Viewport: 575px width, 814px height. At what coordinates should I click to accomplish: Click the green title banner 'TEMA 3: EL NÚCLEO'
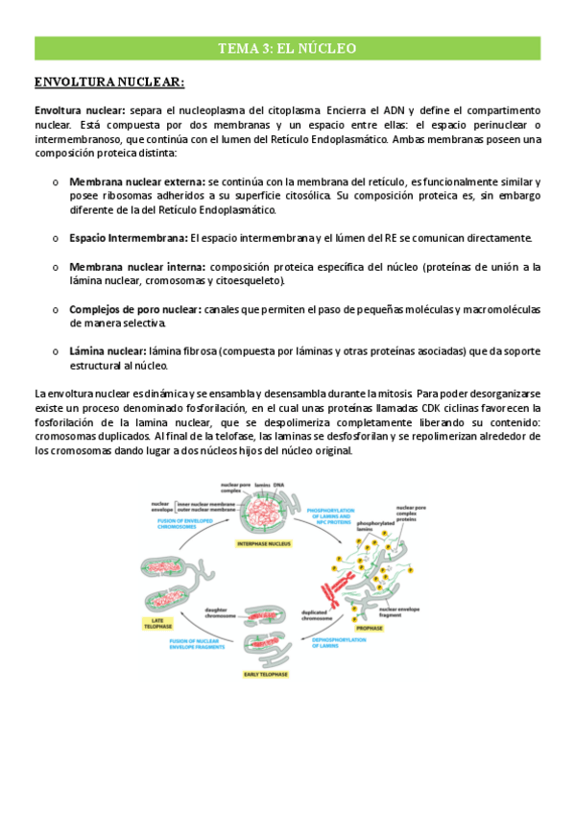[x=287, y=48]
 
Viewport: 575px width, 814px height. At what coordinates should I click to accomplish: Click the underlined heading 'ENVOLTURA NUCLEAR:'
[x=108, y=83]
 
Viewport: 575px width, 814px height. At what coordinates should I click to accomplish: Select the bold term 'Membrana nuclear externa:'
[x=136, y=181]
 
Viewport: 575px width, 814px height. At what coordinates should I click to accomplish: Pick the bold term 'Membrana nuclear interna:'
[x=136, y=266]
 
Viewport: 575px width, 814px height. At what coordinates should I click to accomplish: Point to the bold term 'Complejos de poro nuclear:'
[x=134, y=309]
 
